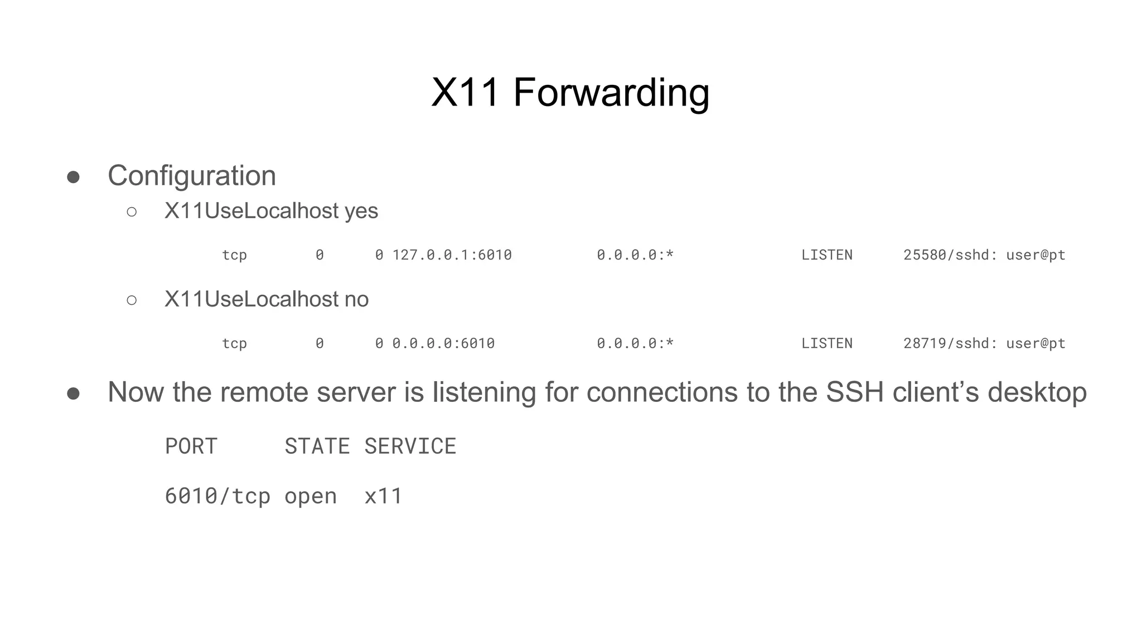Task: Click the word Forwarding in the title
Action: (x=611, y=93)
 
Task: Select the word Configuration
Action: (x=192, y=176)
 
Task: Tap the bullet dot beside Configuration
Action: (x=73, y=177)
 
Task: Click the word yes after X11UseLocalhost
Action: (x=361, y=211)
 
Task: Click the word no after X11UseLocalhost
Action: (x=356, y=300)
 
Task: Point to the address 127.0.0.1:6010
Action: (x=452, y=255)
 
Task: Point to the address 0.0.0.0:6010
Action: (x=443, y=343)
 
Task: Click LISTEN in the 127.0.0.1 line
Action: (x=827, y=255)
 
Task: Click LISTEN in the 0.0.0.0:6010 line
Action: (x=827, y=343)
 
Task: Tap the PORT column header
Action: (x=191, y=447)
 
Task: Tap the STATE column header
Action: (x=317, y=447)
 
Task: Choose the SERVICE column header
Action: (x=410, y=447)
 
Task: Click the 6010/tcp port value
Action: (x=217, y=496)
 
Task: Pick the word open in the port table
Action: (x=311, y=496)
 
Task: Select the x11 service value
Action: (x=384, y=496)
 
